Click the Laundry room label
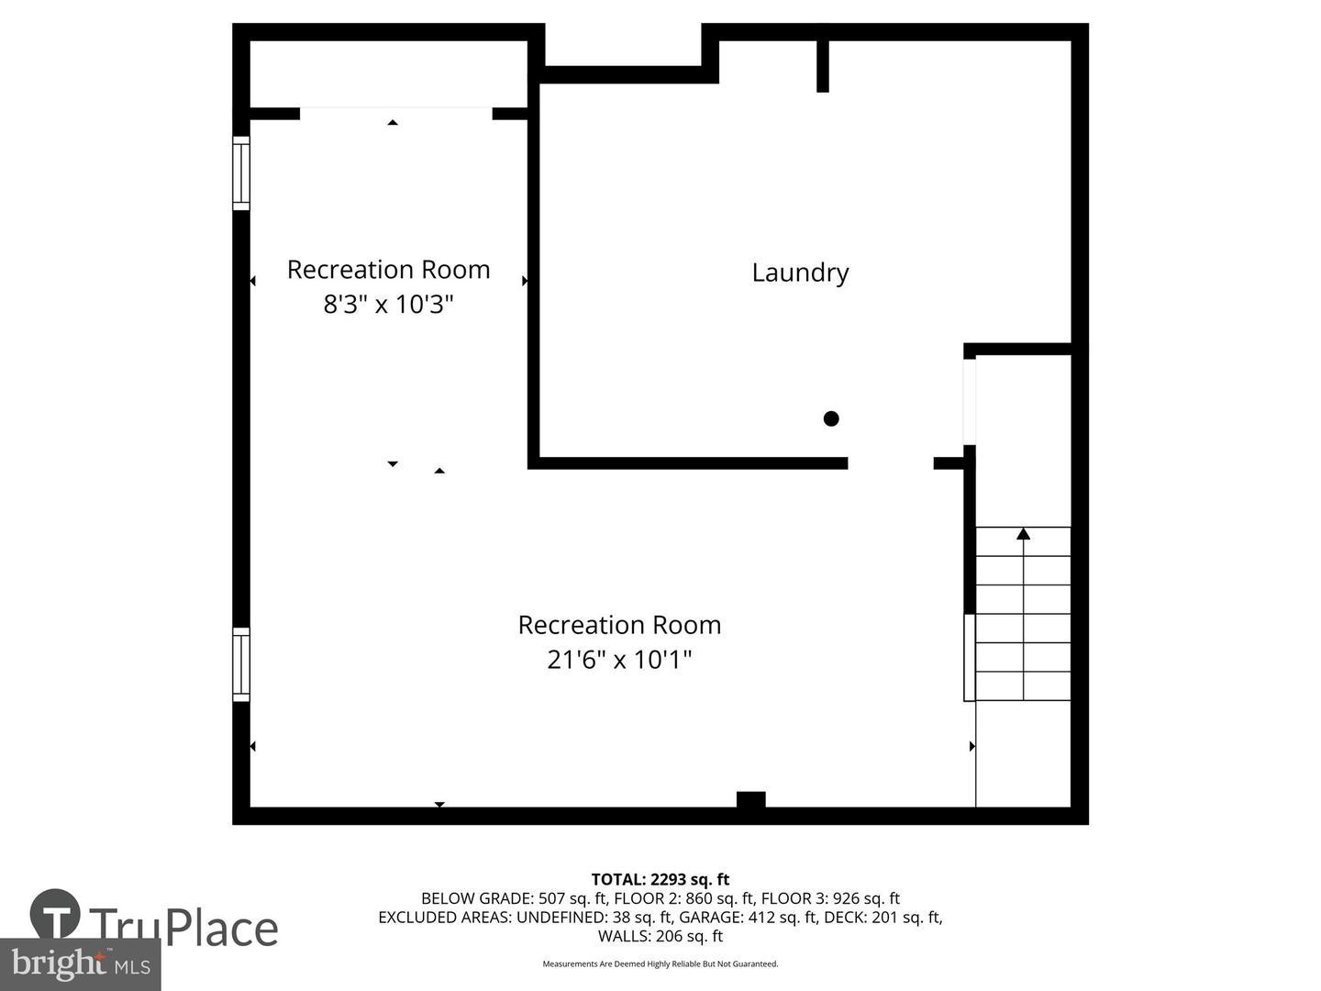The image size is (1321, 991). point(800,273)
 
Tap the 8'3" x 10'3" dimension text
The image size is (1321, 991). point(388,304)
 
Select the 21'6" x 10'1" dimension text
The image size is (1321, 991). point(619,660)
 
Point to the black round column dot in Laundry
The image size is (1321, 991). point(831,418)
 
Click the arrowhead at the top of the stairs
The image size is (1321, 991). point(1023,534)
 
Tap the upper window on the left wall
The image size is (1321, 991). point(240,173)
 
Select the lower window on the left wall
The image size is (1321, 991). point(240,664)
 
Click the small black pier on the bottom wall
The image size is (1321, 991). point(751,799)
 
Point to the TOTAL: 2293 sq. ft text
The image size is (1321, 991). point(660,880)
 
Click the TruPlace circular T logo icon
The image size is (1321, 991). point(55,914)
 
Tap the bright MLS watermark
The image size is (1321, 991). point(80,964)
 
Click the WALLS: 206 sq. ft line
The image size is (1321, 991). point(660,936)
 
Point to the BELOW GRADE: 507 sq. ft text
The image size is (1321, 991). point(514,898)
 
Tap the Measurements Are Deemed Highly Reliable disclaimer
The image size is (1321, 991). point(660,963)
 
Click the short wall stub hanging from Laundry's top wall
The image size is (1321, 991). point(823,66)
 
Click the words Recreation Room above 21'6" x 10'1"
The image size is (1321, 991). point(619,625)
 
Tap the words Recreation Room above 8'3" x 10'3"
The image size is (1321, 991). point(388,269)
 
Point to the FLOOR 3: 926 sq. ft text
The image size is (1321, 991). point(830,898)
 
